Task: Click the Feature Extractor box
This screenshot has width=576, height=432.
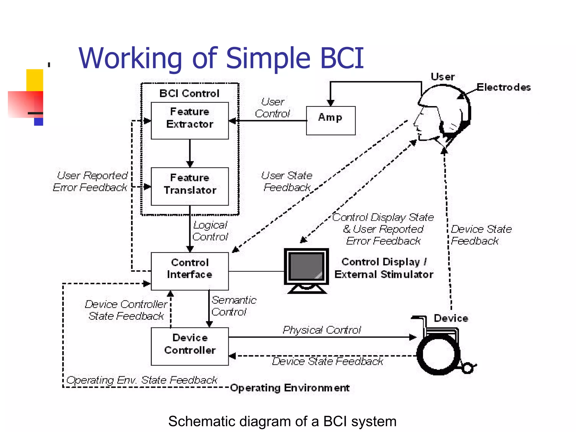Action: pos(190,120)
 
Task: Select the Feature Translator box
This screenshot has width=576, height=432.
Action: pos(190,186)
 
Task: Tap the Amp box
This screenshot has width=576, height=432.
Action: pos(330,120)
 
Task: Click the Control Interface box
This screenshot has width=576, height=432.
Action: pos(190,271)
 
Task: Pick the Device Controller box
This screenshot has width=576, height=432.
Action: pos(190,346)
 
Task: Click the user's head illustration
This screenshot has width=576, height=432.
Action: pos(442,115)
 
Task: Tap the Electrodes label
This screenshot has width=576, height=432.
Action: pos(503,87)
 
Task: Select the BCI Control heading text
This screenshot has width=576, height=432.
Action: pos(189,93)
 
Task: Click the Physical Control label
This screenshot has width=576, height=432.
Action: pos(321,330)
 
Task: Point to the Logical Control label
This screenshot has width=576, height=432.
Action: pos(210,231)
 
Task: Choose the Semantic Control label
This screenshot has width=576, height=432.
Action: pos(233,306)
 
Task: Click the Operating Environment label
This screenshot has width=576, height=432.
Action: pos(290,388)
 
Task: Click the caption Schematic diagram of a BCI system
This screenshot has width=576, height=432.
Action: pos(282,421)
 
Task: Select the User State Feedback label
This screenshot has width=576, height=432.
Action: pos(287,181)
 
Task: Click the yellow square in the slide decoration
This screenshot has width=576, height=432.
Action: pos(34,80)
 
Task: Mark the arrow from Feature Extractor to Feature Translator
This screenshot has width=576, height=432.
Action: pos(190,153)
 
